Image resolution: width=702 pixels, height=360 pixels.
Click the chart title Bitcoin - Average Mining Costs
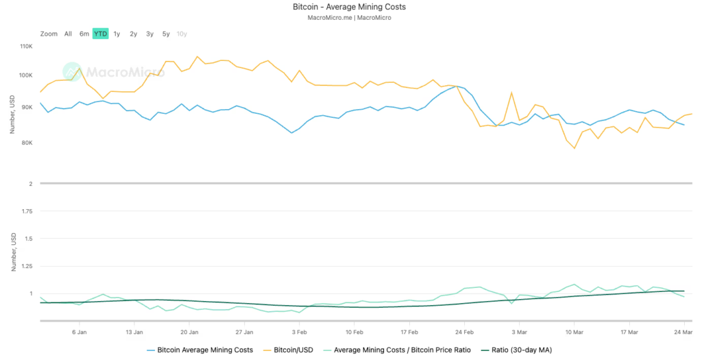point(350,7)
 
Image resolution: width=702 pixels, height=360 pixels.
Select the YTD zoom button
point(100,34)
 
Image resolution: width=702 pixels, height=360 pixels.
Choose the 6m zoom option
point(84,34)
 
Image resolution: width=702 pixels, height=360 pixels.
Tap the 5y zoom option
point(166,34)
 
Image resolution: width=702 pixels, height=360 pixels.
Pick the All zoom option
point(68,34)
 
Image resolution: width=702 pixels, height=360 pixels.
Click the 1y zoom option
point(117,34)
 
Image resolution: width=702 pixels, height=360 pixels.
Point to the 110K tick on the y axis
point(27,47)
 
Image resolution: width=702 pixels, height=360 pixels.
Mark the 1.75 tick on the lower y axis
point(26,211)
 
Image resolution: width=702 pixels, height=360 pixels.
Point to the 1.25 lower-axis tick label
point(26,266)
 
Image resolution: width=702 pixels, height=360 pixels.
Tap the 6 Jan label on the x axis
point(80,331)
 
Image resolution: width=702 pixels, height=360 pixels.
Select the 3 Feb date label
point(299,331)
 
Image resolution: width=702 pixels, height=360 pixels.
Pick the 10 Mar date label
point(574,331)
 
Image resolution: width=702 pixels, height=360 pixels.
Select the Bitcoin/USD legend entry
point(289,350)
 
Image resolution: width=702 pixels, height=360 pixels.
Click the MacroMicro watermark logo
point(113,71)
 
